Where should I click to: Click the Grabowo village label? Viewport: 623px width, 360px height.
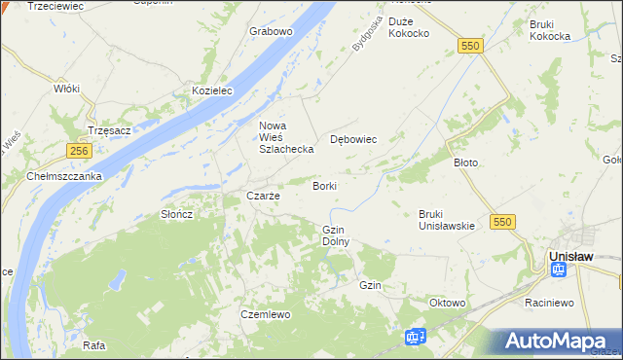pyautogui.click(x=271, y=31)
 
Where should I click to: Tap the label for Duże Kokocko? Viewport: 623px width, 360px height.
pyautogui.click(x=409, y=27)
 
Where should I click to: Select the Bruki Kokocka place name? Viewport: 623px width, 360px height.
pyautogui.click(x=549, y=30)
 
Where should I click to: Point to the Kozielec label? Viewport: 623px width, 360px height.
pyautogui.click(x=213, y=90)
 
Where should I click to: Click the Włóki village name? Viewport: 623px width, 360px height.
pyautogui.click(x=66, y=88)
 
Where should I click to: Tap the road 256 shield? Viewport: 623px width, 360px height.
pyautogui.click(x=80, y=151)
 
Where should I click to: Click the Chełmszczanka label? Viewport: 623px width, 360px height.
pyautogui.click(x=64, y=176)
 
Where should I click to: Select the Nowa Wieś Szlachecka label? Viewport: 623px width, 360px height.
pyautogui.click(x=285, y=137)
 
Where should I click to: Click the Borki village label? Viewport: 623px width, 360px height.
pyautogui.click(x=325, y=185)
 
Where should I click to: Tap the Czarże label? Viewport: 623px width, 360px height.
pyautogui.click(x=263, y=196)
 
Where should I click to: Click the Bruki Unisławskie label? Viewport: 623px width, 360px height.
pyautogui.click(x=446, y=220)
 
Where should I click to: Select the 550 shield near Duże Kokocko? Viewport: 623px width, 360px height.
pyautogui.click(x=471, y=46)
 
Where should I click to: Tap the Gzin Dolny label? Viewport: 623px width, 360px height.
pyautogui.click(x=335, y=234)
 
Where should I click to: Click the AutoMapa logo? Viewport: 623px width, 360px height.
pyautogui.click(x=558, y=342)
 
